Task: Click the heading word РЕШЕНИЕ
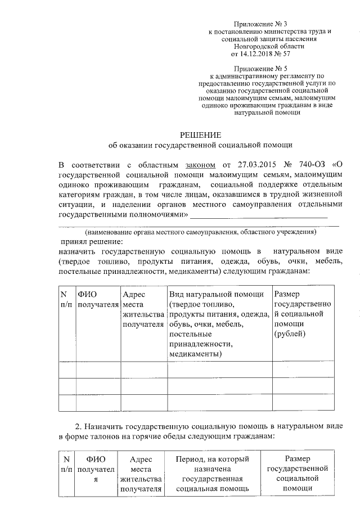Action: pyautogui.click(x=200, y=134)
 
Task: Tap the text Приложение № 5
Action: pyautogui.click(x=263, y=67)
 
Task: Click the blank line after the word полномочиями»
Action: pyautogui.click(x=259, y=215)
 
